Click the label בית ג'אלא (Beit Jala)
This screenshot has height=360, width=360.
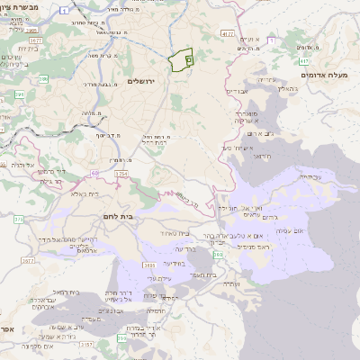[76, 193]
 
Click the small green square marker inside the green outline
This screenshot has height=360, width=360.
[189, 58]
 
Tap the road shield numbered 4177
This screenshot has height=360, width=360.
[226, 33]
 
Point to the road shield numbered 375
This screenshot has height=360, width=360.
[18, 219]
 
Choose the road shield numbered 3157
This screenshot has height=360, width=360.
[85, 344]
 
